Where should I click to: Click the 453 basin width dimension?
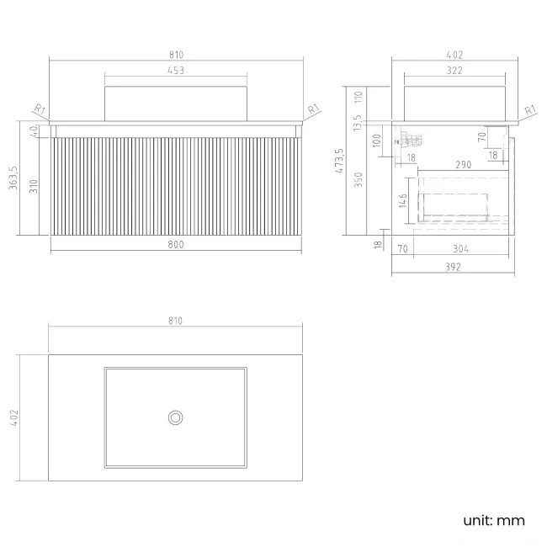pyautogui.click(x=176, y=71)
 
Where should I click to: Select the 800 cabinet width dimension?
pyautogui.click(x=176, y=245)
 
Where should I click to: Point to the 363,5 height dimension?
pyautogui.click(x=13, y=178)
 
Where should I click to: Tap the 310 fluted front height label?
pyautogui.click(x=34, y=186)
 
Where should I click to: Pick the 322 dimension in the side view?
pyautogui.click(x=454, y=71)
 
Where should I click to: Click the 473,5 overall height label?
pyautogui.click(x=339, y=161)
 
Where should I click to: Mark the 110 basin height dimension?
pyautogui.click(x=358, y=98)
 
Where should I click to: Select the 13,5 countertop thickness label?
pyautogui.click(x=357, y=123)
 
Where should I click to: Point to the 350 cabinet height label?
pyautogui.click(x=358, y=180)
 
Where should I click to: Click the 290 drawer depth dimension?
pyautogui.click(x=464, y=165)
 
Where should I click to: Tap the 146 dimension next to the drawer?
pyautogui.click(x=403, y=200)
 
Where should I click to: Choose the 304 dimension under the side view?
pyautogui.click(x=461, y=249)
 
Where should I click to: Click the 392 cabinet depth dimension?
pyautogui.click(x=453, y=267)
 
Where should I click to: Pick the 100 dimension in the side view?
pyautogui.click(x=377, y=141)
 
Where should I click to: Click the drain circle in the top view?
pyautogui.click(x=176, y=417)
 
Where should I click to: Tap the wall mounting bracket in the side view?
pyautogui.click(x=409, y=141)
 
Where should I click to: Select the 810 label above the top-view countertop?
pyautogui.click(x=176, y=321)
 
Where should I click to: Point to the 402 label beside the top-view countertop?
pyautogui.click(x=14, y=417)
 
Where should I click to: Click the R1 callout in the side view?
pyautogui.click(x=530, y=110)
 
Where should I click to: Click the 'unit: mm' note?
pyautogui.click(x=494, y=520)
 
